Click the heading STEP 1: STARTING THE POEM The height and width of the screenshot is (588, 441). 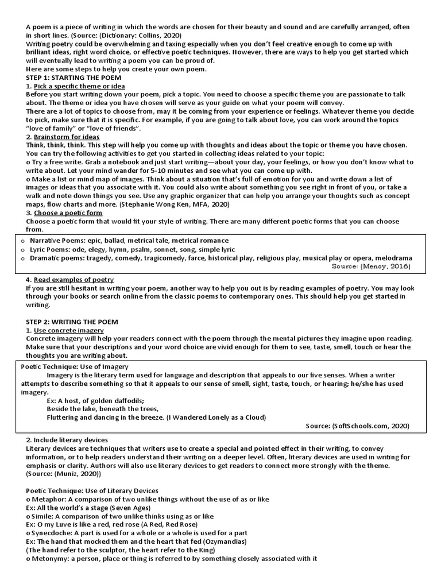point(73,78)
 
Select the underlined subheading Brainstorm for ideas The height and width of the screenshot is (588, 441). point(67,137)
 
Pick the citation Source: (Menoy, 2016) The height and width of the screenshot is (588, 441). point(372,266)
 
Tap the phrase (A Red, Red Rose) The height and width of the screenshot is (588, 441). point(166,524)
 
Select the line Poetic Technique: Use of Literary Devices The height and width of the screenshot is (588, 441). point(92,490)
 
